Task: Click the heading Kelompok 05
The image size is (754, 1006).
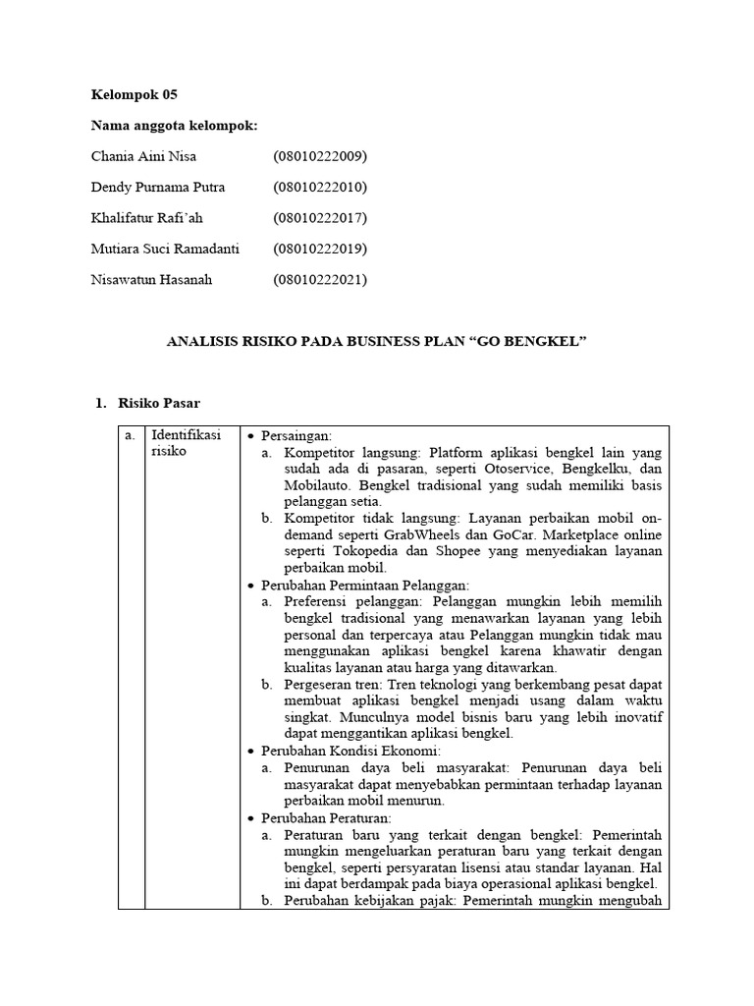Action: click(135, 95)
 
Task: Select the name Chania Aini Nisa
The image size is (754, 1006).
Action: click(142, 156)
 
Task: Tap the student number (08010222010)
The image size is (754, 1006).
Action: click(320, 187)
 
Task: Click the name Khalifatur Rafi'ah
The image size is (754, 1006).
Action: click(146, 218)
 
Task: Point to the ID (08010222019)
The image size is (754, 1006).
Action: click(320, 249)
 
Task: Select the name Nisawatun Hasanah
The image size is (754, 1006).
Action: click(151, 280)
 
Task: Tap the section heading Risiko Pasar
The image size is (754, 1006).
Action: click(159, 403)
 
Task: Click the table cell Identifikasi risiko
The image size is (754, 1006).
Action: click(186, 443)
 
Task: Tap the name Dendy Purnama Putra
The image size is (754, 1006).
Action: click(157, 187)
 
